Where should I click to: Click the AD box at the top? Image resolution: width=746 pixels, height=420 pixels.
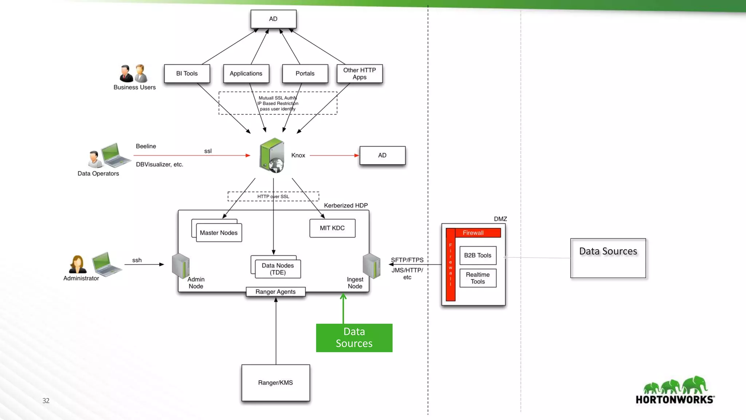tap(273, 19)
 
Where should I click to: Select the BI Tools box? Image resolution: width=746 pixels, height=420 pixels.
tap(187, 74)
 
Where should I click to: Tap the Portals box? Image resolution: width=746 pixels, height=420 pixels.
tap(305, 74)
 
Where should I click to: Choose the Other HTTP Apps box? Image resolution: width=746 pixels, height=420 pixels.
tap(360, 74)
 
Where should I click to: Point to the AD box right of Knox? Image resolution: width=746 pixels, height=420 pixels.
tap(382, 155)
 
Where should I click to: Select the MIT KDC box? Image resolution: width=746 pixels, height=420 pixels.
tap(332, 228)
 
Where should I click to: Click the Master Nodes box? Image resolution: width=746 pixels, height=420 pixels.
tap(219, 233)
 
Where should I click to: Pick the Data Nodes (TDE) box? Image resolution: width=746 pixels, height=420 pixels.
tap(278, 269)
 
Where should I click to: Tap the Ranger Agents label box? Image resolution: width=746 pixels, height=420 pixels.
tap(275, 292)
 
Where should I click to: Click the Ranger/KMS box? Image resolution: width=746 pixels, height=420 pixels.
tap(275, 383)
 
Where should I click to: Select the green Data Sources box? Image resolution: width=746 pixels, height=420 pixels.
tap(354, 338)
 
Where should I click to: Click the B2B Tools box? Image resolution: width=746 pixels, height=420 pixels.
tap(478, 256)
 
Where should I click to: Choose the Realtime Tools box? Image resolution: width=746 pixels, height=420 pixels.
tap(478, 278)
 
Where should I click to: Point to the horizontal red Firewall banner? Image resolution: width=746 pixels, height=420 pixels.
tap(473, 233)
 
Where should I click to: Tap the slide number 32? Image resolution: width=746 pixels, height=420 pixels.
tap(46, 401)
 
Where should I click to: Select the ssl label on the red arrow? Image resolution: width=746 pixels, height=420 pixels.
tap(208, 151)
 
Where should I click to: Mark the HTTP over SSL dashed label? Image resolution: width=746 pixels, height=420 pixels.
tap(273, 197)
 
